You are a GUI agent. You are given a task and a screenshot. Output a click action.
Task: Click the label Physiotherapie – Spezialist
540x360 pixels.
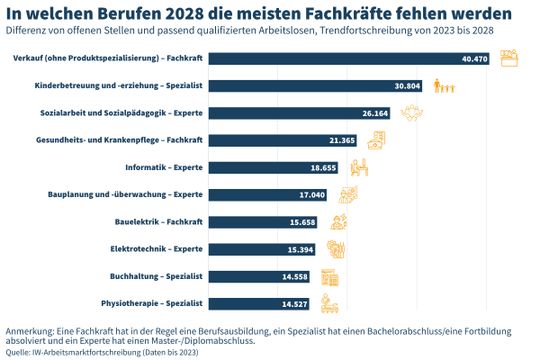tap(152, 302)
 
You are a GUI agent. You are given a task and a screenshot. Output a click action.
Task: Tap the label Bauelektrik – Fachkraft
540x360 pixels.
tap(159, 221)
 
